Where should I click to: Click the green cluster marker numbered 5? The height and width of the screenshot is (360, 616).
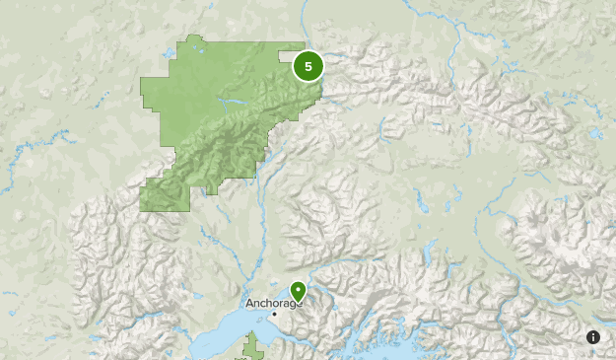point(308,67)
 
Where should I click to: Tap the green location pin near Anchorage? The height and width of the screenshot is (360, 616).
point(298,292)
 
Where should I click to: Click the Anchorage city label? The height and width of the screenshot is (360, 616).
point(269,304)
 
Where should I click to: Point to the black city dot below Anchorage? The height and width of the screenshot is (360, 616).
point(275,315)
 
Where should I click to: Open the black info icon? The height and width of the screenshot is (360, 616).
point(593,337)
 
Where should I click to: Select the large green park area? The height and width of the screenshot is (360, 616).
point(217,118)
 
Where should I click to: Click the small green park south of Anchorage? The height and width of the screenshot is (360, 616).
point(253,346)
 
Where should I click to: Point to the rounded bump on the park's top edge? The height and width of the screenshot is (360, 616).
point(193,40)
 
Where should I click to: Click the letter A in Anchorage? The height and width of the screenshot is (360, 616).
point(248,304)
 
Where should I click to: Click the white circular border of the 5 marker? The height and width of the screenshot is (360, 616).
point(308,52)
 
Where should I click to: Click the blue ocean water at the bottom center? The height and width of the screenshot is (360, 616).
point(394,350)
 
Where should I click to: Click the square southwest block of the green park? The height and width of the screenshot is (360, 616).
point(164,196)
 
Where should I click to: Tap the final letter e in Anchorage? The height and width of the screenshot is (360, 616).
point(293,304)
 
